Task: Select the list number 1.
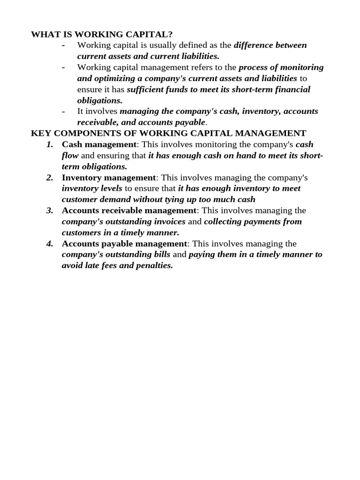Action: point(50,144)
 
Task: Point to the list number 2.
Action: point(50,178)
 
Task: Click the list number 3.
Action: point(50,210)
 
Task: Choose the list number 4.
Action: point(50,244)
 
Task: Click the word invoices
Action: point(168,222)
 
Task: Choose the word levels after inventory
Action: point(111,188)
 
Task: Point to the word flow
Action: point(70,156)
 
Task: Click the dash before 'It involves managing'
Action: point(64,112)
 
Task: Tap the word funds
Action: point(178,90)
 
